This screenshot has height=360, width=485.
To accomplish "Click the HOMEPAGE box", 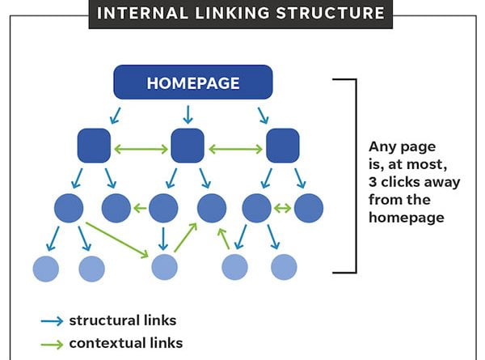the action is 193,82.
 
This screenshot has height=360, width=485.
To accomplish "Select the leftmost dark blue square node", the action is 94,146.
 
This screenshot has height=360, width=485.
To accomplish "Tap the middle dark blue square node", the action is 188,146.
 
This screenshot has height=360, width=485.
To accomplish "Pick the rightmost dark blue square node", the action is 283,146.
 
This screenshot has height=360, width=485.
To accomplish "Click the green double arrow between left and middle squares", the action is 141,150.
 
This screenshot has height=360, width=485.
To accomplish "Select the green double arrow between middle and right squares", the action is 236,150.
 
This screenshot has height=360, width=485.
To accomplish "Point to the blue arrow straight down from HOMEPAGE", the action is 188,115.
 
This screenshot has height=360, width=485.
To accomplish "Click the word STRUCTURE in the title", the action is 331,13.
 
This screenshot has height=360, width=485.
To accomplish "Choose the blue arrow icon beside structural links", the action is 52,321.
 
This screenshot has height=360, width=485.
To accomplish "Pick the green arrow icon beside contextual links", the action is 52,344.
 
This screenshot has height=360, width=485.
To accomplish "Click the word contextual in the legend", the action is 108,343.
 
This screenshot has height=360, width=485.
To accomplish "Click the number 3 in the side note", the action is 373,182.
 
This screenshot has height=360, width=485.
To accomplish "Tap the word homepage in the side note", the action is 407,218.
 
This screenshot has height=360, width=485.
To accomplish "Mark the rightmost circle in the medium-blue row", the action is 309,208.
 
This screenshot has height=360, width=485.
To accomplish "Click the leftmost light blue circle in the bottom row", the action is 46,269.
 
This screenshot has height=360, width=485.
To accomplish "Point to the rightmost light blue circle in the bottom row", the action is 284,267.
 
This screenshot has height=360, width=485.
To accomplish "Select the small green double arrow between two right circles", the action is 283,209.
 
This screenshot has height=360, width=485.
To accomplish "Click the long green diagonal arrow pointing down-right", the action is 117,240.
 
